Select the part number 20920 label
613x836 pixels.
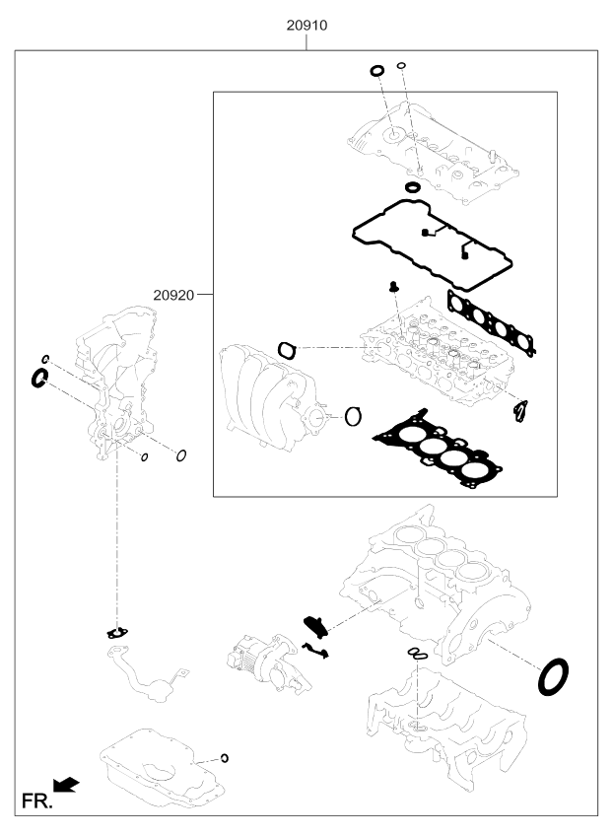coord(174,294)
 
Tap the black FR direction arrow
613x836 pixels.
coord(67,785)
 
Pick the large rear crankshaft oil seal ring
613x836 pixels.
coord(556,678)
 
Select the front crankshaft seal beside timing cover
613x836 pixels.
coord(41,378)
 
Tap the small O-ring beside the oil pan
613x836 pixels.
coord(225,757)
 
